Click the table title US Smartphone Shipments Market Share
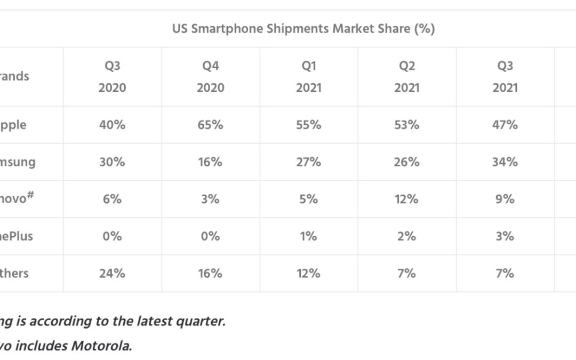[303, 29]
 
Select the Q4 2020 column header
[210, 76]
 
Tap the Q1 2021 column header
[309, 76]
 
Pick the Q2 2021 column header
[407, 76]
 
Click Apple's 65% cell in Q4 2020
[210, 125]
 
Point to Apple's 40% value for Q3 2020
[112, 125]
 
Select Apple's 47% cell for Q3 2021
[505, 125]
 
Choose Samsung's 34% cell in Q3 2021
[505, 162]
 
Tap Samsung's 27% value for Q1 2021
[309, 162]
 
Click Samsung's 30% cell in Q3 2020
[112, 162]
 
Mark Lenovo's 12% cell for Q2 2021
[407, 199]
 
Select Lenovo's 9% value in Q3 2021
[505, 199]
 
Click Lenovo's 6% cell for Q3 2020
[112, 199]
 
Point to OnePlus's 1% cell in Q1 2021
[309, 236]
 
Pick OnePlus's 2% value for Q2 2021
[407, 236]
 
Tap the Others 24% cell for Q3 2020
[112, 273]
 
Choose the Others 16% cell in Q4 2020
[210, 273]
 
